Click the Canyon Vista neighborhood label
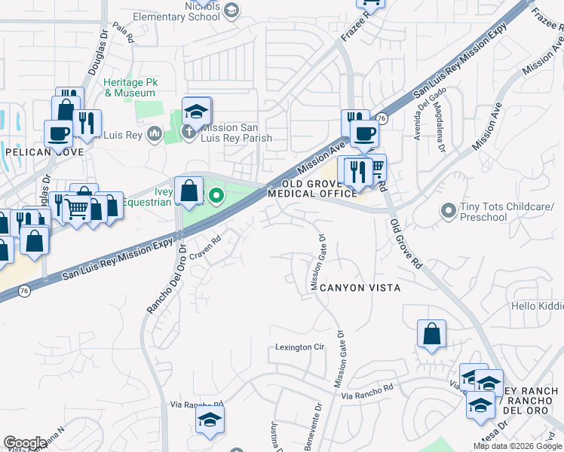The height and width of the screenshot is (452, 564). tap(359, 288)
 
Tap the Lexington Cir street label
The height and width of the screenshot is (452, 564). tap(299, 347)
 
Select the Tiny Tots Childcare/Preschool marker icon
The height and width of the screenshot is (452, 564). tap(449, 212)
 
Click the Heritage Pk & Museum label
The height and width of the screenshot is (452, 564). tap(130, 87)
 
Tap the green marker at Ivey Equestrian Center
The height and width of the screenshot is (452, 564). tap(216, 197)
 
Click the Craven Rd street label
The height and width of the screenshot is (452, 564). tap(204, 246)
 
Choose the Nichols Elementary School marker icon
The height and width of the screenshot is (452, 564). tap(231, 10)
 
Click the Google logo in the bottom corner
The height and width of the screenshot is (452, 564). tap(25, 443)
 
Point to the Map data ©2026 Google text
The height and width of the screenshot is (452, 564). tap(517, 446)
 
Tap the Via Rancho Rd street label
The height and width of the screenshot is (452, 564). tap(367, 392)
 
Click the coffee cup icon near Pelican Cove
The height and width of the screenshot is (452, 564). tap(58, 133)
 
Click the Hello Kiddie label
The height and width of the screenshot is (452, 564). tap(537, 307)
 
